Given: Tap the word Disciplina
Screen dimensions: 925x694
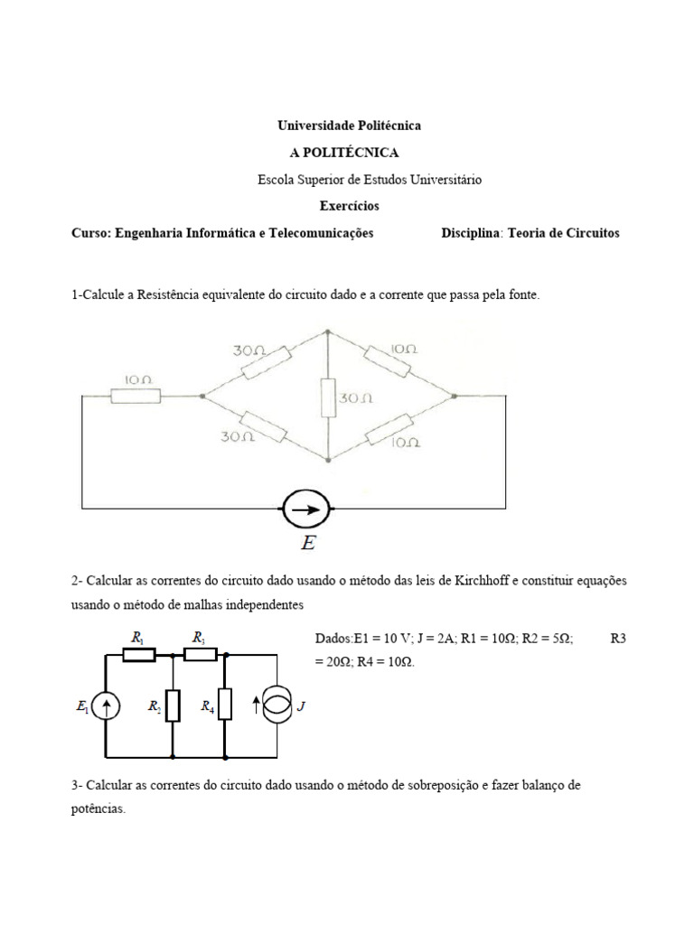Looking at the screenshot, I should [471, 233].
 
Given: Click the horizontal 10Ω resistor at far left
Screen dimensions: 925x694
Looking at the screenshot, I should [136, 396].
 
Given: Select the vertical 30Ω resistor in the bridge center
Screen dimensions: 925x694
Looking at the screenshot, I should [326, 396].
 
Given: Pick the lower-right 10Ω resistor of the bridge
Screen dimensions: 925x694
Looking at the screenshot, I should [389, 431].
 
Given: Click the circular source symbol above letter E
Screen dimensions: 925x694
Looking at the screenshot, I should [307, 510].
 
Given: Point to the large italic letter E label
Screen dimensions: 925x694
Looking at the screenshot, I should [307, 545].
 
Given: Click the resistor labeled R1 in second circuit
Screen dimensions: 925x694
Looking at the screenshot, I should [138, 655].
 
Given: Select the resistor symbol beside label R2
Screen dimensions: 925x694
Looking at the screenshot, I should [173, 705].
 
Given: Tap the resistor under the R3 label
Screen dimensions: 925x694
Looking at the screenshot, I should [199, 655].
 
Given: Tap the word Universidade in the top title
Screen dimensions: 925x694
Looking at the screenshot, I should [313, 125].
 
